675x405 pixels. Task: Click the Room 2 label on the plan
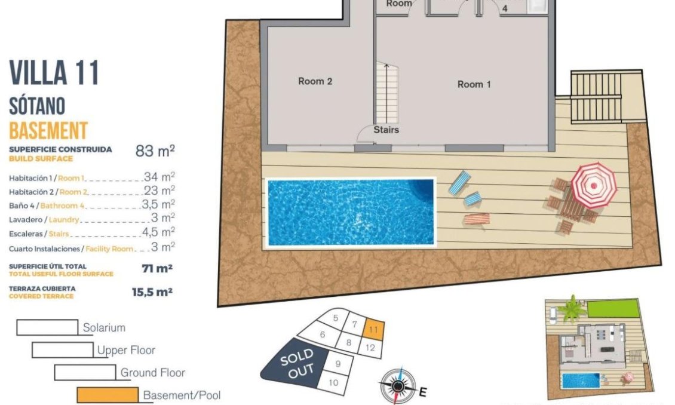tap(315, 81)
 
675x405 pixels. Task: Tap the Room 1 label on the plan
tap(474, 84)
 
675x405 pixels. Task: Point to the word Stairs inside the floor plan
tap(386, 129)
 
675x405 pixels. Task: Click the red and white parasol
tap(593, 184)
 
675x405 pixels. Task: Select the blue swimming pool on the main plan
tap(349, 212)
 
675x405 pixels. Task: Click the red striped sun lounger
tap(476, 219)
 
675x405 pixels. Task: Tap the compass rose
tap(397, 385)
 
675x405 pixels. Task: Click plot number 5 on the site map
tap(336, 318)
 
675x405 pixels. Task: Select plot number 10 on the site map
tap(333, 383)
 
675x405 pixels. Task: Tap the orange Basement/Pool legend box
tap(107, 395)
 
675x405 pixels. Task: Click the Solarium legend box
tap(47, 327)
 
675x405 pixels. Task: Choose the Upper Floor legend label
tap(126, 350)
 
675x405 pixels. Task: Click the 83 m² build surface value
tap(155, 151)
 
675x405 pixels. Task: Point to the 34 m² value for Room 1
tap(159, 176)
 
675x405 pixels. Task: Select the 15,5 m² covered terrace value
tap(152, 292)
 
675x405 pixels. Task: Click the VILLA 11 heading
tap(54, 73)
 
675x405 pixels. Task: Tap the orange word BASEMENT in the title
tap(48, 130)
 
